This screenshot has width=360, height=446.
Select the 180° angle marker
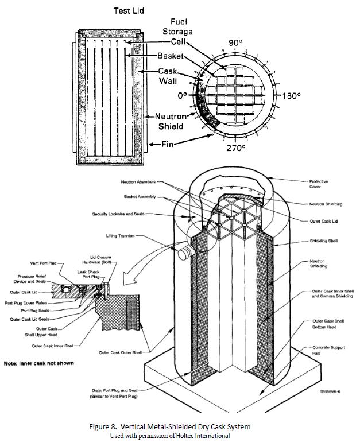(x=291, y=96)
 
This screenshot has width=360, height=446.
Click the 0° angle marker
(x=183, y=96)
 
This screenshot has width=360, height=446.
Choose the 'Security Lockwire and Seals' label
(x=118, y=214)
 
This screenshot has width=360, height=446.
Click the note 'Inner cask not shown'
(x=38, y=363)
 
